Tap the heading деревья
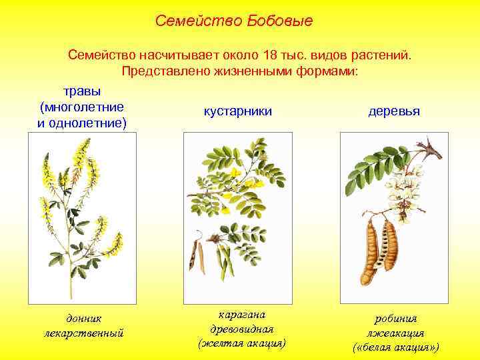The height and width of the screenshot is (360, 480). click(x=393, y=111)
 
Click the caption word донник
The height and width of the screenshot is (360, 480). click(x=83, y=319)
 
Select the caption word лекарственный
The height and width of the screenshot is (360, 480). click(x=83, y=332)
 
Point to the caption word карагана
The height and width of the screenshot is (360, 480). click(x=241, y=314)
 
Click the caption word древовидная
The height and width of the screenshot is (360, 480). click(x=241, y=329)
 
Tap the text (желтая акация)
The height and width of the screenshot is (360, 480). click(x=241, y=343)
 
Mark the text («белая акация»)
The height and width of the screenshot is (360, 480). click(x=395, y=347)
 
